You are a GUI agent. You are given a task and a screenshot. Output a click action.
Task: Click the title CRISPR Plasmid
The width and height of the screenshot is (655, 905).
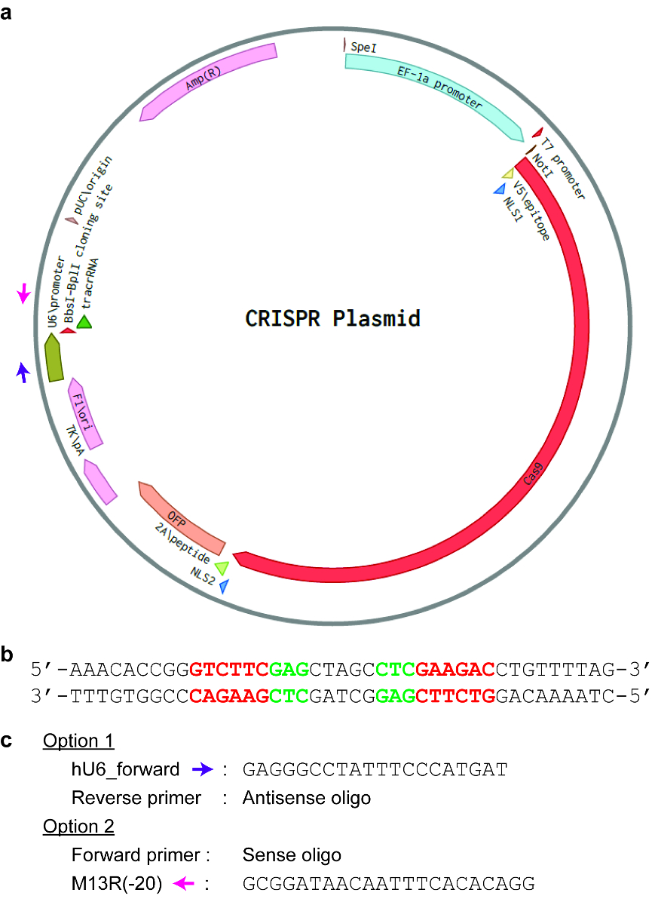(333, 318)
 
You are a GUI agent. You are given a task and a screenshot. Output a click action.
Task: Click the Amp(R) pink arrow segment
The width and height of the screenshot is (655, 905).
(208, 81)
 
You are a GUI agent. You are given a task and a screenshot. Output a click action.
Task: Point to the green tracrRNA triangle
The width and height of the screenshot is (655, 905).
(84, 321)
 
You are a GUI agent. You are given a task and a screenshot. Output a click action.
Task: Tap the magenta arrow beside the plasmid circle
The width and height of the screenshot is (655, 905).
(24, 293)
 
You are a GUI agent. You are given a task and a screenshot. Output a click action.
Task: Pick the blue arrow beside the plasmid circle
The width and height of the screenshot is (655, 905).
(24, 371)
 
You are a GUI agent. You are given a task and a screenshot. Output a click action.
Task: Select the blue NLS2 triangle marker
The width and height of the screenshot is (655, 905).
(223, 584)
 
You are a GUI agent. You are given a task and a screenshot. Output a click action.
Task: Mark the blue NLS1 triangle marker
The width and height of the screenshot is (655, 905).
(499, 189)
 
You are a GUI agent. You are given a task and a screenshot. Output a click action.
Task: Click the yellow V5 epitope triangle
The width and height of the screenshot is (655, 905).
(508, 174)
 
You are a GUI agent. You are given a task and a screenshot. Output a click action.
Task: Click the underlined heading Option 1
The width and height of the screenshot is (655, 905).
(78, 741)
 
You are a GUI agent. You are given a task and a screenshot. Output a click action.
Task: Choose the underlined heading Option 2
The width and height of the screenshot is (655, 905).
(78, 827)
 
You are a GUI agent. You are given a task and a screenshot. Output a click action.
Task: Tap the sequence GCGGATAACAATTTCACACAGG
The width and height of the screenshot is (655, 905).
(389, 885)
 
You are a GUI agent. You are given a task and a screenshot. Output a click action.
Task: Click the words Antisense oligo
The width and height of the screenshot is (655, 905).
(307, 798)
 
